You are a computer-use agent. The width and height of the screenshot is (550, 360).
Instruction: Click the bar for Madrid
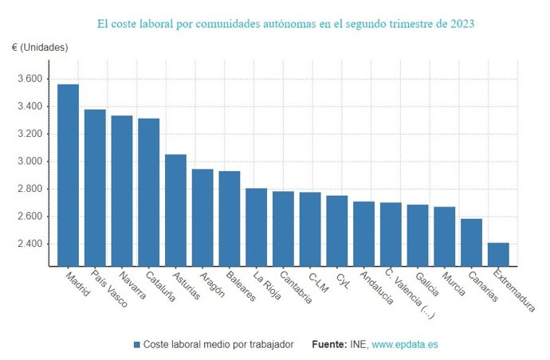pos(68,175)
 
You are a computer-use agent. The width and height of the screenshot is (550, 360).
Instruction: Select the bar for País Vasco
pos(95,188)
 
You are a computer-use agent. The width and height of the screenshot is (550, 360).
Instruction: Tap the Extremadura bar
pos(498,254)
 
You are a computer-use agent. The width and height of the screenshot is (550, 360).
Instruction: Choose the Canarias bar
pos(471,242)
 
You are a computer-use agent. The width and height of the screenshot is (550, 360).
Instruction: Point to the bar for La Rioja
pos(256,227)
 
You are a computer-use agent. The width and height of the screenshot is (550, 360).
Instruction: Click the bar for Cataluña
pos(148,192)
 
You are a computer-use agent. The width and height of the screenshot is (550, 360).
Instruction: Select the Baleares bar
pos(230,218)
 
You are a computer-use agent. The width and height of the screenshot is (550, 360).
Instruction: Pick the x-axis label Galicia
pos(426,284)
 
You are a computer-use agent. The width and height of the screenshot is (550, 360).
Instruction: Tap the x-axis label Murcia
pos(453,284)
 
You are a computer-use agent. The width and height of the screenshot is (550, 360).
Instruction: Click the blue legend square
pos(137,345)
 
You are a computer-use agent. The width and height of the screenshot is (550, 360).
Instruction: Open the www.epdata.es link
pos(404,345)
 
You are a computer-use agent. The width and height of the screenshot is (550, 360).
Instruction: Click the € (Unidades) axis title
pos(40,48)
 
